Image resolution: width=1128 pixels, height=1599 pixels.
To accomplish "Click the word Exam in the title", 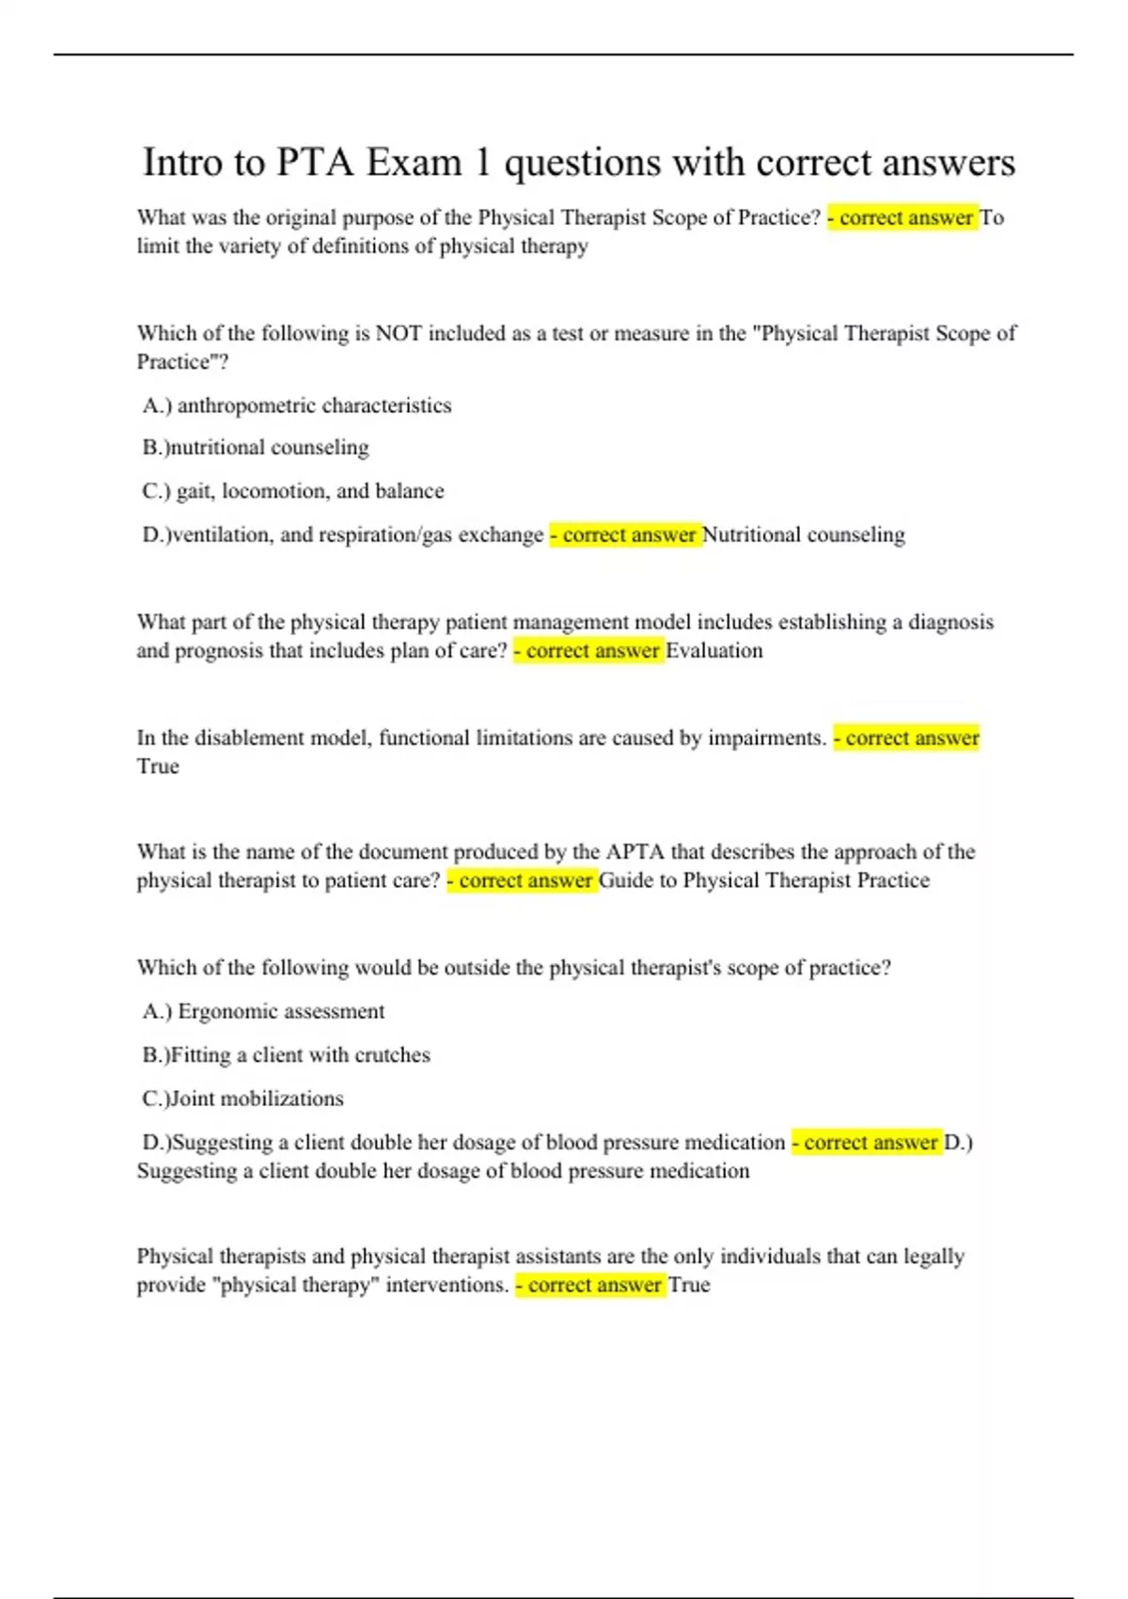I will click(414, 163).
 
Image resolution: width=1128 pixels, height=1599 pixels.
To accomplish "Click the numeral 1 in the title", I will click(482, 163).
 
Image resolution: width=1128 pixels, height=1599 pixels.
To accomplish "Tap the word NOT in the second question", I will click(399, 333).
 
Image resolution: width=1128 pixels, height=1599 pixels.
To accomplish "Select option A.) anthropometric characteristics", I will click(297, 405).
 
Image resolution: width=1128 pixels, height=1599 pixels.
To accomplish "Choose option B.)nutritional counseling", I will click(256, 448).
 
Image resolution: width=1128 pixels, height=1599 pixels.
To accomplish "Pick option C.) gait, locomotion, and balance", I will click(293, 491).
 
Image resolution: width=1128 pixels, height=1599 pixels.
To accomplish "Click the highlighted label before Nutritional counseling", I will click(625, 535).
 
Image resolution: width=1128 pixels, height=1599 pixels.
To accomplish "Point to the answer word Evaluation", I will click(714, 651).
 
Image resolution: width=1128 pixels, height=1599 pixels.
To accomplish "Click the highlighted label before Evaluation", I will click(588, 651).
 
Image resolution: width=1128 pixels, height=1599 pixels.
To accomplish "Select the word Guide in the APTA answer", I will click(625, 881).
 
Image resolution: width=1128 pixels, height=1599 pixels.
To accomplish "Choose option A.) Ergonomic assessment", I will click(264, 1012).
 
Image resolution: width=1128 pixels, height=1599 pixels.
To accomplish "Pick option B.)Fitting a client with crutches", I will click(287, 1055).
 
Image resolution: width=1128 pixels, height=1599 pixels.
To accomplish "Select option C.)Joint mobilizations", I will click(243, 1099).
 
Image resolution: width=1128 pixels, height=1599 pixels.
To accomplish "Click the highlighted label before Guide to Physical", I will click(522, 881).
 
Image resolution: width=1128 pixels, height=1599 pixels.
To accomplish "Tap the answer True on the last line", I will click(689, 1286).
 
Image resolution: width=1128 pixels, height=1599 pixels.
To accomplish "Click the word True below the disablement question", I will click(158, 767).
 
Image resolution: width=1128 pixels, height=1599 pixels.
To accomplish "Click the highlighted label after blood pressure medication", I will click(866, 1143).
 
